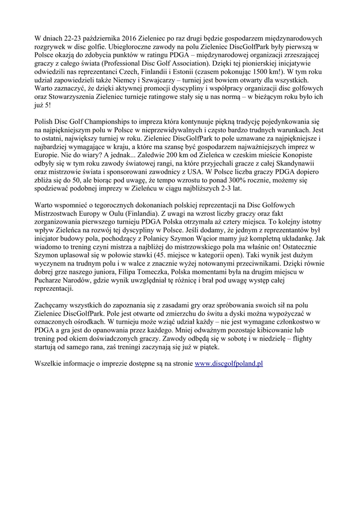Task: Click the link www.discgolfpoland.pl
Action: pos(228,363)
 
